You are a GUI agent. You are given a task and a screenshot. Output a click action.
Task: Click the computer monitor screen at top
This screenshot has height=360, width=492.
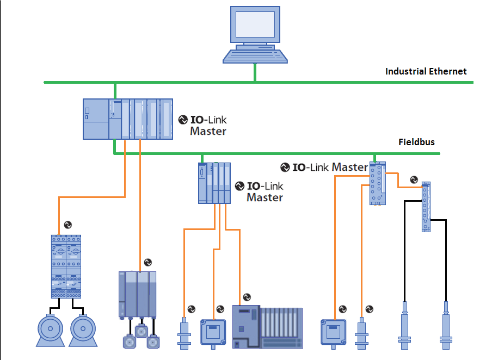(x=255, y=24)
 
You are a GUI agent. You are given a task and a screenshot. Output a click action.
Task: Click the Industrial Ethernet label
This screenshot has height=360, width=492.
(x=426, y=71)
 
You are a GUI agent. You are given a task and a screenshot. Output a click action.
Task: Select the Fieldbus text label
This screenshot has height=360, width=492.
(x=416, y=142)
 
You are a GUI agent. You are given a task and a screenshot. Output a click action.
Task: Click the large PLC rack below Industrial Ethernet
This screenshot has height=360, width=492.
(x=128, y=119)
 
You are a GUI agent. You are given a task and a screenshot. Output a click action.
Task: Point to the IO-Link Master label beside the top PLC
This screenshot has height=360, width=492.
(x=202, y=125)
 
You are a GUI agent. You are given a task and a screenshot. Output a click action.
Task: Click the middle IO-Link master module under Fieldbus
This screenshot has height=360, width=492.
(x=214, y=183)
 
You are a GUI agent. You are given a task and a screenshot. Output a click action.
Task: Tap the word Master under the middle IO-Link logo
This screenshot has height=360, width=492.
(x=265, y=197)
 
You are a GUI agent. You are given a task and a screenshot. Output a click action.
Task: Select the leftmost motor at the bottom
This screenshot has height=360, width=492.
(x=50, y=330)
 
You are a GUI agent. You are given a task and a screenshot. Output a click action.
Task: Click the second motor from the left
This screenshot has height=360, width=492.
(x=83, y=330)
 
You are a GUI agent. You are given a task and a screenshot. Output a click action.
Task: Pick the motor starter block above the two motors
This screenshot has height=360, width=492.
(x=66, y=266)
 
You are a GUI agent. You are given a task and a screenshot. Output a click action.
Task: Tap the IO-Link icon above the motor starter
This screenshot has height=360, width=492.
(x=68, y=225)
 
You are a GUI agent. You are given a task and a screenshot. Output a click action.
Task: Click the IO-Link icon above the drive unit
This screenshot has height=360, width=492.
(x=148, y=262)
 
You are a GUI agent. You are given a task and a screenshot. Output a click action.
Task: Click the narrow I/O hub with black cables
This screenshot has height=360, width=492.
(x=426, y=207)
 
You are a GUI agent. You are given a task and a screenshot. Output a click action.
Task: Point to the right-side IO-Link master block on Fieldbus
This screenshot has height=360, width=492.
(x=378, y=183)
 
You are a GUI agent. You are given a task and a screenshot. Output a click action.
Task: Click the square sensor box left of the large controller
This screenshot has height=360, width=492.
(x=213, y=332)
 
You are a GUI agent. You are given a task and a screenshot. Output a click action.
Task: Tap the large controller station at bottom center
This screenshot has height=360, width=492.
(x=267, y=327)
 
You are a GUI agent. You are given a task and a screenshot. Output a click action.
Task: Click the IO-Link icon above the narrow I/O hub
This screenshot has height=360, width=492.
(x=414, y=179)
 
